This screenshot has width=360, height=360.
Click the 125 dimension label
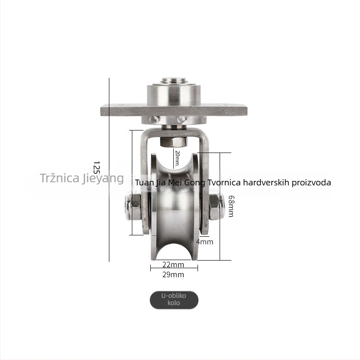coord(97,167)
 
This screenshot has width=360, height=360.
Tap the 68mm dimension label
coord(231,206)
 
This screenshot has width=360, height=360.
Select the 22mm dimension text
coord(173,265)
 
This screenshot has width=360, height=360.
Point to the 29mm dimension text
coord(173,274)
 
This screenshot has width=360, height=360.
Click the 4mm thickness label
coord(205,242)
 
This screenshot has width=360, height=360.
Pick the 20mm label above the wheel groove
coord(177,158)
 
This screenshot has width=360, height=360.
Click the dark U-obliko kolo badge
coord(174,300)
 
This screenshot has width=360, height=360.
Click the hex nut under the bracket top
coord(173,142)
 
